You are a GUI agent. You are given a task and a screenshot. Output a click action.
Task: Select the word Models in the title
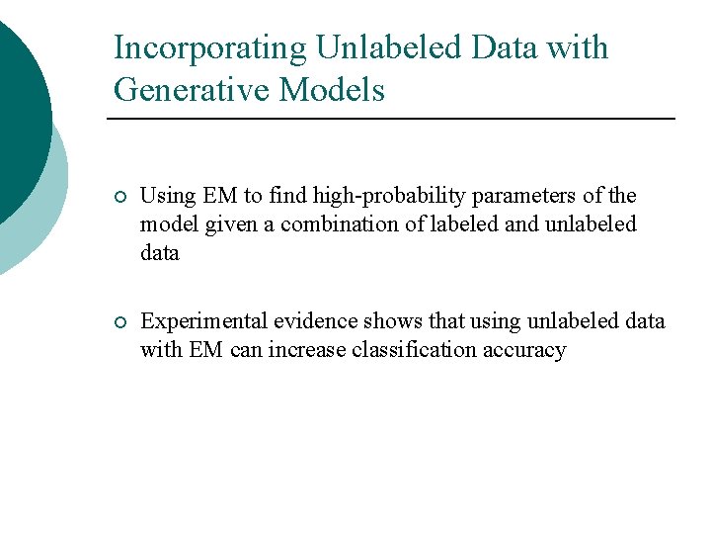[332, 91]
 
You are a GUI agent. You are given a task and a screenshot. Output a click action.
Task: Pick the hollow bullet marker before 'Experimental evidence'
[119, 323]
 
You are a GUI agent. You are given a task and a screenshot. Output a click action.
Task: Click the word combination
[344, 224]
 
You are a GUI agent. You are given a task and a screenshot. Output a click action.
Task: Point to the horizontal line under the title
[390, 119]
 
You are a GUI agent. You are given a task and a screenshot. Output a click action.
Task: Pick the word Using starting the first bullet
[165, 197]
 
